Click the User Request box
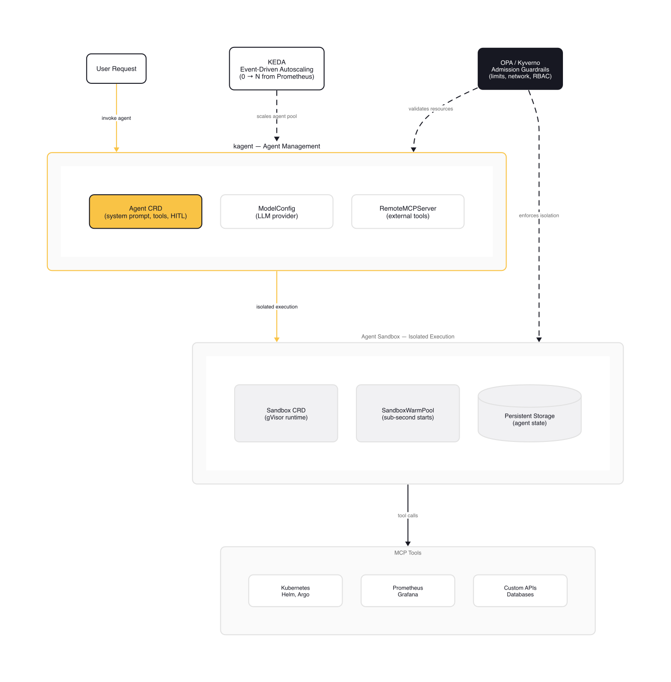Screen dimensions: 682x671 [116, 69]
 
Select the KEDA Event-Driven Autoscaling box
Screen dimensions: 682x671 [277, 69]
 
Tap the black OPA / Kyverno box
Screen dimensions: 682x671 [520, 69]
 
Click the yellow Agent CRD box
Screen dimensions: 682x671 [145, 212]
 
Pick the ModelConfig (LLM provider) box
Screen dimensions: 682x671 [277, 212]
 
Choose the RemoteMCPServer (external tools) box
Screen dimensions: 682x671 [408, 212]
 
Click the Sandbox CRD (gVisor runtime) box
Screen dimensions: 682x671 [286, 413]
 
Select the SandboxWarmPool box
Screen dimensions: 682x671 [408, 413]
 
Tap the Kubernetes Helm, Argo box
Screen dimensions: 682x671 [295, 591]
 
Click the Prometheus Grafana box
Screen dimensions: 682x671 [408, 591]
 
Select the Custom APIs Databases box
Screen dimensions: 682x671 [520, 591]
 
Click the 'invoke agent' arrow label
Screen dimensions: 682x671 [116, 118]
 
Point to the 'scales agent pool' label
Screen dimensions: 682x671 [277, 116]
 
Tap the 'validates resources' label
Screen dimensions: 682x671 [430, 109]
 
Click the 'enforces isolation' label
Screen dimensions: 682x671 [539, 215]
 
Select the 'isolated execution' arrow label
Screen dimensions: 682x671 [277, 307]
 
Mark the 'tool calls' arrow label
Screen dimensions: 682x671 [408, 515]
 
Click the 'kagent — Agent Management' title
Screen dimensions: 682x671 [277, 146]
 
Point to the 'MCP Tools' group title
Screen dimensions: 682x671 [408, 553]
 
